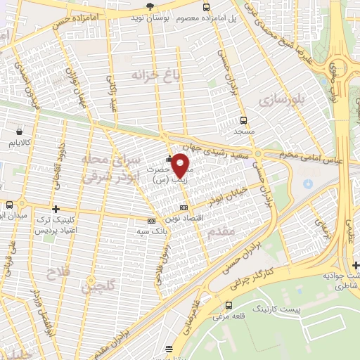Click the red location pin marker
point(181,165)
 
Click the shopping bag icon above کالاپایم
point(18,131)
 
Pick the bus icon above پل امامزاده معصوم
point(205,7)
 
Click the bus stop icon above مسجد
point(243,120)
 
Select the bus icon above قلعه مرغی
point(229,304)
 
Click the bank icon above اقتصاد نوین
point(184,207)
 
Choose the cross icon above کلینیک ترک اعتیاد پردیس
point(56,209)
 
